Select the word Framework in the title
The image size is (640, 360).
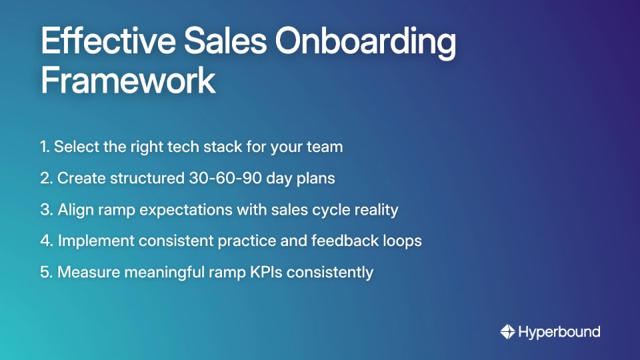pos(128,81)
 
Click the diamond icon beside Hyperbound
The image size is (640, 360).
pos(507,331)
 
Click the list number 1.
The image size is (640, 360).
pos(44,147)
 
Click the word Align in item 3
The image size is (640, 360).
pos(74,209)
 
